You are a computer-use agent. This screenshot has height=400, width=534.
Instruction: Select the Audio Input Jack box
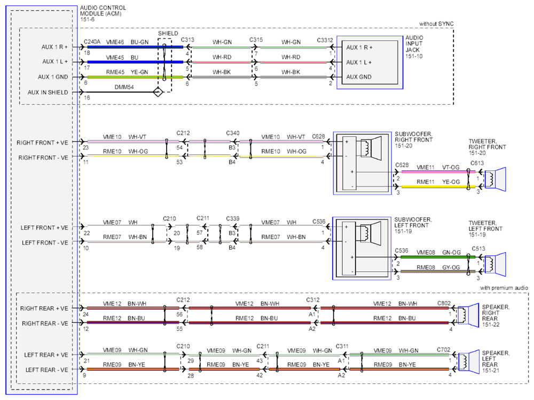coord(370,62)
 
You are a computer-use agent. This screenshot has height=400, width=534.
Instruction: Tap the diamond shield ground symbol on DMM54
coord(158,92)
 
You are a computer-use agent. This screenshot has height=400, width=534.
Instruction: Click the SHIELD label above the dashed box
coord(168,34)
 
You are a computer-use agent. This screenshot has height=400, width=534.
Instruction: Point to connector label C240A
coord(92,42)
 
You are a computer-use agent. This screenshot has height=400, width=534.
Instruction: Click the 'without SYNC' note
coord(436,23)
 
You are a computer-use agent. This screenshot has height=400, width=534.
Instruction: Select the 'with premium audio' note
coord(504,288)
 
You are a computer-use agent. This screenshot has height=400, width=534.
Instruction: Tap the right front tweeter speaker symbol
coord(495,179)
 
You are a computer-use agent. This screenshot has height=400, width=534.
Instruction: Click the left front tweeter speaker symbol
coord(495,264)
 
